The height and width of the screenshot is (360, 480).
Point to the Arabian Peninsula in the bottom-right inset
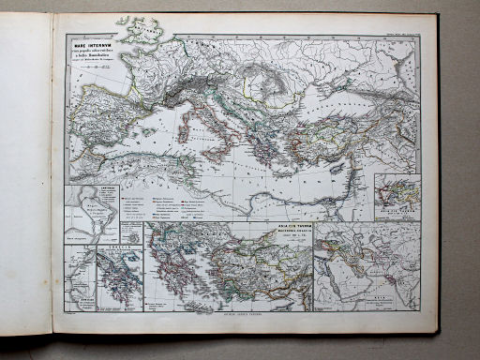[x=352, y=281]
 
